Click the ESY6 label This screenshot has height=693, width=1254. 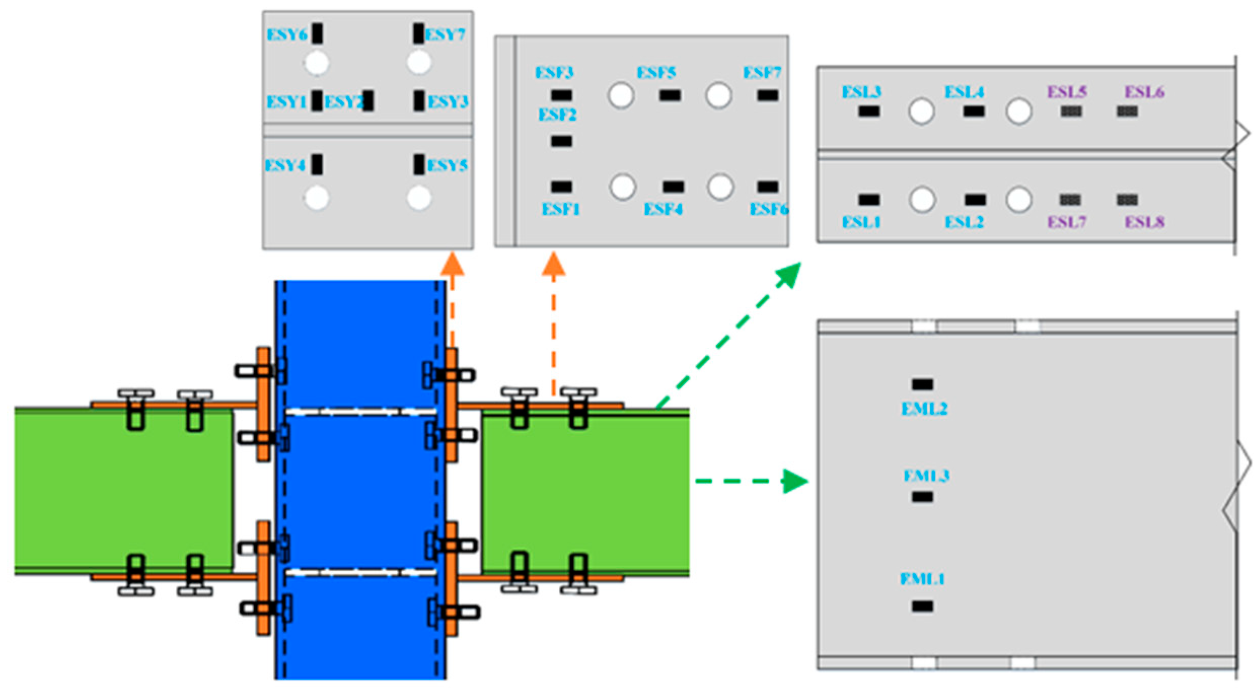tap(286, 34)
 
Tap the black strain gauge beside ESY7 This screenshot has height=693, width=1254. tap(418, 33)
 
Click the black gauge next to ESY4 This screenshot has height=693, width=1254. tap(317, 164)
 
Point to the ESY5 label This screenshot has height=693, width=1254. tap(447, 165)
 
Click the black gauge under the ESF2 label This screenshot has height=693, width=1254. tap(561, 141)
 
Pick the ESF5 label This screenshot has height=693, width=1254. tap(656, 72)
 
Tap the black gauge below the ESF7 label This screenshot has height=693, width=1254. tap(767, 95)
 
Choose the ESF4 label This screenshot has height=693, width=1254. tap(663, 209)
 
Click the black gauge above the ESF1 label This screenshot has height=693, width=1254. tap(561, 187)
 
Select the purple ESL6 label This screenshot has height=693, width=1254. tap(1144, 92)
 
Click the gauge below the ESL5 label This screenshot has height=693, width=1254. tap(1071, 111)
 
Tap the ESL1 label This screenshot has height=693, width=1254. tap(861, 222)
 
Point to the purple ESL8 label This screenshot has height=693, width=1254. tap(1144, 222)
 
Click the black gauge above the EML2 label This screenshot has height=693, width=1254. tap(922, 384)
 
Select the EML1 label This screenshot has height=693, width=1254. tap(922, 578)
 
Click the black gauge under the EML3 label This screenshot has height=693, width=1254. tap(922, 497)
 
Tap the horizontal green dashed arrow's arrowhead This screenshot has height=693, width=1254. tap(794, 481)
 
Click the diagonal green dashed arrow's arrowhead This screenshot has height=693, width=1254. tap(789, 274)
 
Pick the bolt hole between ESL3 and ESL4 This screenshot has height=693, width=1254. tap(921, 112)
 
